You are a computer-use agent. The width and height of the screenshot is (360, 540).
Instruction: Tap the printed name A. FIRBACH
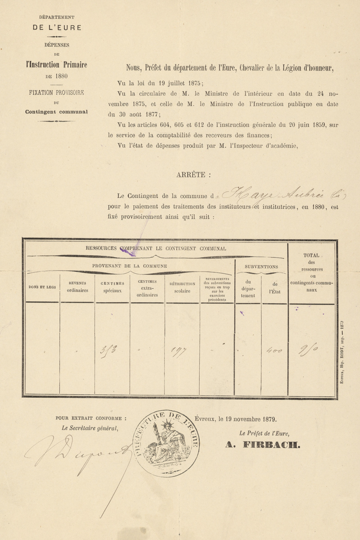(x=262, y=445)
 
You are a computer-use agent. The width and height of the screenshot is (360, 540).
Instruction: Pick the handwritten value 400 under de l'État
(x=274, y=350)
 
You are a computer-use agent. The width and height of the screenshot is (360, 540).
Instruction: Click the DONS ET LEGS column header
(x=42, y=287)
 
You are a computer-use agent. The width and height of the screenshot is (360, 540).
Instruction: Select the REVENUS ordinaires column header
(x=77, y=287)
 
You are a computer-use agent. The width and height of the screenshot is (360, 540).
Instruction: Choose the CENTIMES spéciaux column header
(x=112, y=287)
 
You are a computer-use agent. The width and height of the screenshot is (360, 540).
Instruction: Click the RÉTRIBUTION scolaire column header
(x=182, y=288)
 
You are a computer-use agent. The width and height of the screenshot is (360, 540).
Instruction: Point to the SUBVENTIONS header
(x=261, y=267)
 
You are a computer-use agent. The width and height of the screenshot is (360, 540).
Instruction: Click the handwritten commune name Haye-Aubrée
(x=281, y=195)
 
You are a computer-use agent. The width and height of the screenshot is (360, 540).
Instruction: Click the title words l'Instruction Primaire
(x=57, y=65)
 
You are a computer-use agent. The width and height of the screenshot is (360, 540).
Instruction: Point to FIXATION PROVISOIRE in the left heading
(x=57, y=93)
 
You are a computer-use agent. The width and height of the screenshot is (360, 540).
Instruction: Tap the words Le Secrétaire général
(x=90, y=428)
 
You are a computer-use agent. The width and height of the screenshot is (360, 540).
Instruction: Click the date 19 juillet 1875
(x=179, y=83)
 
